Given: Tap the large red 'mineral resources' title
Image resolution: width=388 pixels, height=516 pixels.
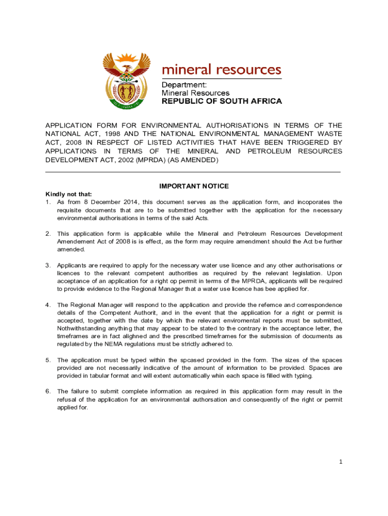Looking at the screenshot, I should point(221,69).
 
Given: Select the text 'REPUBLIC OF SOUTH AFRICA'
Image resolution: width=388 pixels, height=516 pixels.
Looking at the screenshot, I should point(221,101).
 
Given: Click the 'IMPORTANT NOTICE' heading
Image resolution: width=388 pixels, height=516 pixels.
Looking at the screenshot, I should point(194,186).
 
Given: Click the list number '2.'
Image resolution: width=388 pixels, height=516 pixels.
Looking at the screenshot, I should point(48,234).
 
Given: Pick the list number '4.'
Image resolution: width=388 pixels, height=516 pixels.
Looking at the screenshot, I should point(48,305).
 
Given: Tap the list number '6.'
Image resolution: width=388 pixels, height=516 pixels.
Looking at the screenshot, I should point(48,392).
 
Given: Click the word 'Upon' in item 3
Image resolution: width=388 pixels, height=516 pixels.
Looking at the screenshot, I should point(333,273).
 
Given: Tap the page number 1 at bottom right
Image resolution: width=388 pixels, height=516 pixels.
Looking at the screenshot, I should point(341,461).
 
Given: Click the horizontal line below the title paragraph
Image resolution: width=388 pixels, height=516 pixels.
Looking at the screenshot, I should point(193,172).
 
